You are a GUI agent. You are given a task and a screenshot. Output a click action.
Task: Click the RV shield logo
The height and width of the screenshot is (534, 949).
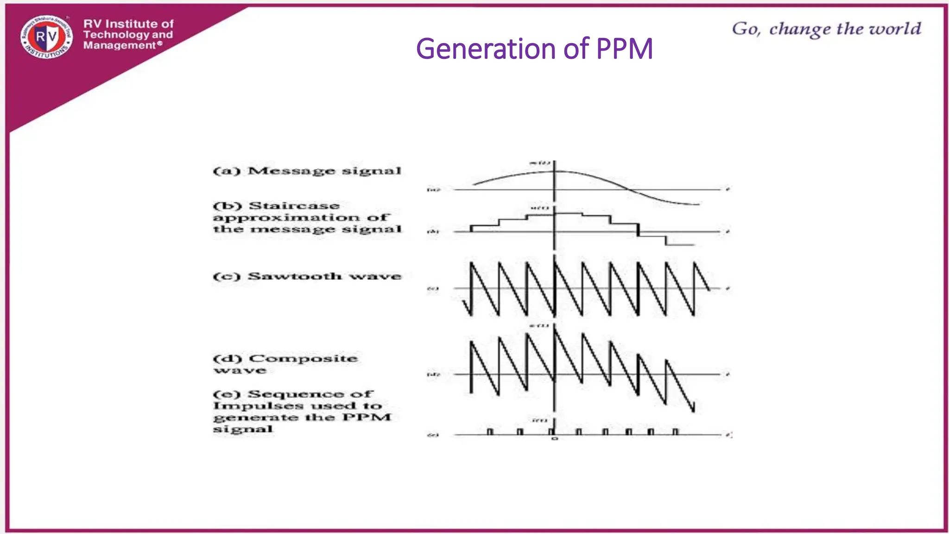click(x=46, y=37)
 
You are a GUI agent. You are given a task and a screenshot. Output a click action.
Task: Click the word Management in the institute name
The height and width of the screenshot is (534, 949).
click(x=120, y=45)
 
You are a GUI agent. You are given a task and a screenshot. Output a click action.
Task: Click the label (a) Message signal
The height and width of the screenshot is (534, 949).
click(x=307, y=171)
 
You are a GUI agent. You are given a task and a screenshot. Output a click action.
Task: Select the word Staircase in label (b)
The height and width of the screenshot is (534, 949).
click(x=294, y=206)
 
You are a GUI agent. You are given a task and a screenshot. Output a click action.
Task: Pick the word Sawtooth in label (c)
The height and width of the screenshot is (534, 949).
click(x=295, y=276)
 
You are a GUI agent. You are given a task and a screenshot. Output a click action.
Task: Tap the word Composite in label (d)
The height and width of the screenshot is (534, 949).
click(x=303, y=359)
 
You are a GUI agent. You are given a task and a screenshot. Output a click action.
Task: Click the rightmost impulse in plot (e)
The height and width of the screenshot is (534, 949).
click(x=675, y=432)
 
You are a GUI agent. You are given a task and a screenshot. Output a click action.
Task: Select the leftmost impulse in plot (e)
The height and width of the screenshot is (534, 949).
click(x=490, y=432)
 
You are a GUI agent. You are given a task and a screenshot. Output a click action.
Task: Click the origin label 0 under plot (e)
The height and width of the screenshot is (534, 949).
click(x=555, y=439)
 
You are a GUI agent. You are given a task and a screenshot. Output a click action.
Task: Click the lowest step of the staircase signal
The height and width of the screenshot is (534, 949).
click(x=680, y=245)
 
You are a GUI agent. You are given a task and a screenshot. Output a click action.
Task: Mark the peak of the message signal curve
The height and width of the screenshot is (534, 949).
click(x=555, y=171)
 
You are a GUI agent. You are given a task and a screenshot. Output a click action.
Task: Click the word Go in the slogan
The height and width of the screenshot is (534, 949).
click(x=745, y=29)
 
